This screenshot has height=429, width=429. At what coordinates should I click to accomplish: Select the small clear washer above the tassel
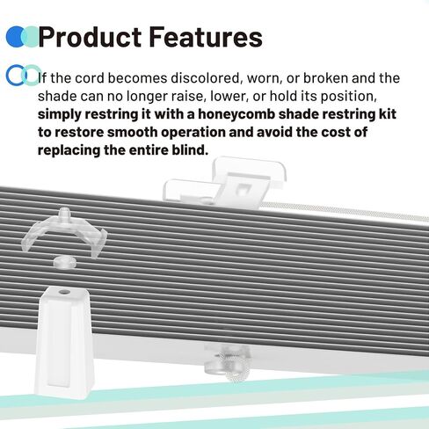pos(62,261)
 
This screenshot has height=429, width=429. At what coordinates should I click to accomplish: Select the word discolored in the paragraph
pos(192,77)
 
